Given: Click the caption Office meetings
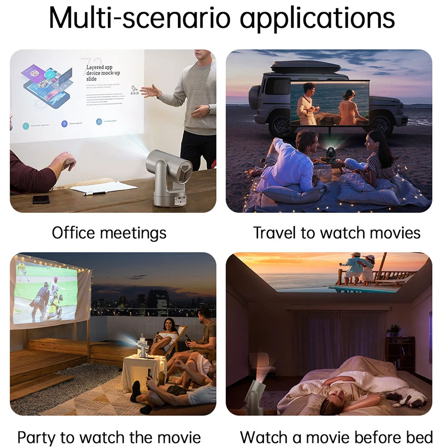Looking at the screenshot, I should (x=109, y=232).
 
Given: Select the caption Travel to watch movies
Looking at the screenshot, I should (x=336, y=232).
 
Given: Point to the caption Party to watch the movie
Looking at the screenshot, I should (x=109, y=438).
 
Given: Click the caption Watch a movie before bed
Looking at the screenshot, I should (x=336, y=438).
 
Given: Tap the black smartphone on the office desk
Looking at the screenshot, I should (x=41, y=199).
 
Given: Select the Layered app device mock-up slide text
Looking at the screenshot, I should (x=103, y=73).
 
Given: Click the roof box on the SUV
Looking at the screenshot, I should (x=305, y=67).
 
